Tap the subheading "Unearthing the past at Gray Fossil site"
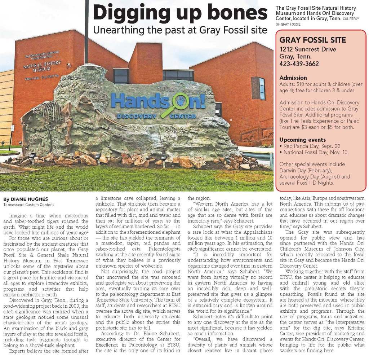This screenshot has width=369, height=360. click(180, 29)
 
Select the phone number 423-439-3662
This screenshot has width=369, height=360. click(299, 64)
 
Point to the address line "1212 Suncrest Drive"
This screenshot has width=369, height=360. click(308, 49)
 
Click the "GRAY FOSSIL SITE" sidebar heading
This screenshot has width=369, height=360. click(312, 40)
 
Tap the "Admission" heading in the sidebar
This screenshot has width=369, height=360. click(293, 78)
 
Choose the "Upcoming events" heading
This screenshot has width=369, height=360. click(302, 140)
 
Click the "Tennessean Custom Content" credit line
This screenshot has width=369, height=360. click(28, 205)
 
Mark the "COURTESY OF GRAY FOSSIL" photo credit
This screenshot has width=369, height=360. click(317, 21)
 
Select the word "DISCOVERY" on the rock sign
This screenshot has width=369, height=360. click(137, 116)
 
